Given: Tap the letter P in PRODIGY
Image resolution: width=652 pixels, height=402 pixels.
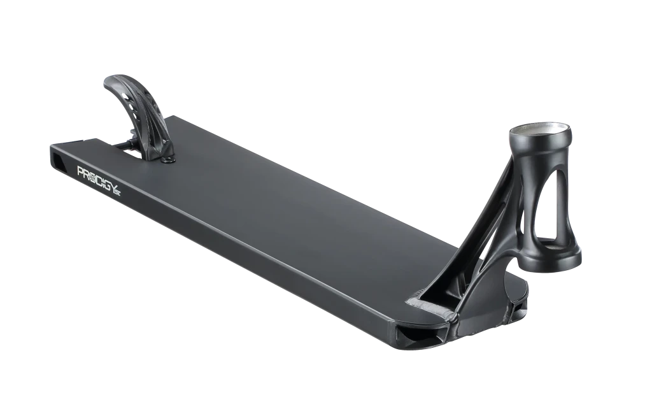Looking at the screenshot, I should coord(81,171).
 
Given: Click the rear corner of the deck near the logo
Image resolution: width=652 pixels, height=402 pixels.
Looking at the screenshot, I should coord(52,148).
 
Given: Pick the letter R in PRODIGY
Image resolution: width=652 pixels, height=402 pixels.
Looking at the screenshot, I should coord(87,173).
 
